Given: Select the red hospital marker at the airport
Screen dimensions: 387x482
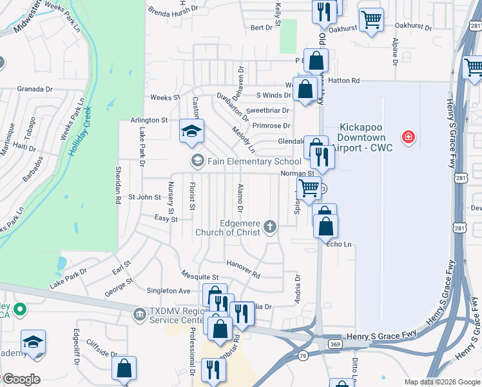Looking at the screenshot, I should (407, 137).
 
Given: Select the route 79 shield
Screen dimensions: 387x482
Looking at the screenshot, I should (302, 355).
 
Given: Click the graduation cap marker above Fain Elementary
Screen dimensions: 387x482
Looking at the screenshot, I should (191, 131).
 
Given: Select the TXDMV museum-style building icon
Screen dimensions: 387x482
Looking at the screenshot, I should (139, 314).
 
